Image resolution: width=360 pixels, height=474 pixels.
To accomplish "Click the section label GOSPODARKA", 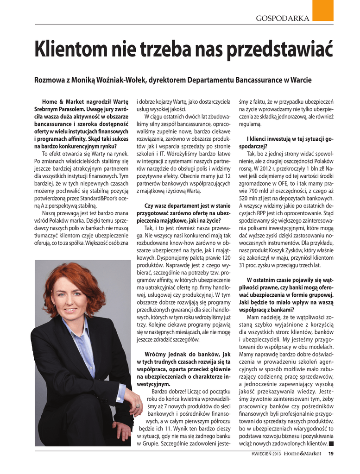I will (x=283, y=19).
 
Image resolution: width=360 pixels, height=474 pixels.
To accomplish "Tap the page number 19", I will (x=330, y=453).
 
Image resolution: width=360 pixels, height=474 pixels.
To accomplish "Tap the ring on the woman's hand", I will (x=138, y=406).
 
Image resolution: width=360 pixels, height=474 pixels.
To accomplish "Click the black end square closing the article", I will (x=330, y=444).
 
